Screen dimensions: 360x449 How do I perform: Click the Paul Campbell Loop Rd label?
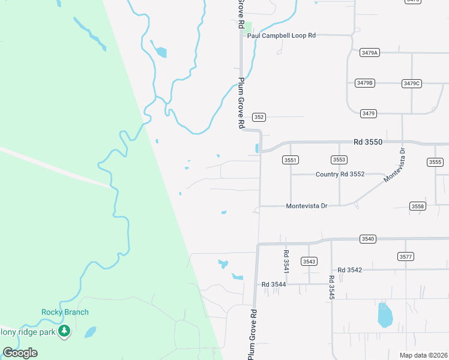pyautogui.click(x=282, y=35)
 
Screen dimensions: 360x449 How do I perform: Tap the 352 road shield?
pyautogui.click(x=258, y=117)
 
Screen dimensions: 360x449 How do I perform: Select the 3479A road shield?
pyautogui.click(x=370, y=53)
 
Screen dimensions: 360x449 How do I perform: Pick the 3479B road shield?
pyautogui.click(x=364, y=83)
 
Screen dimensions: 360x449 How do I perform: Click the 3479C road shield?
pyautogui.click(x=412, y=83)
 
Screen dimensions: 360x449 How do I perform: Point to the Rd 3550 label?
pyautogui.click(x=367, y=142)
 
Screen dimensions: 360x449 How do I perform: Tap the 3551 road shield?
pyautogui.click(x=291, y=160)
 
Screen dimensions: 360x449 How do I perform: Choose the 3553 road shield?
pyautogui.click(x=339, y=160)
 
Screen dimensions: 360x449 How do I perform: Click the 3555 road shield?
pyautogui.click(x=435, y=162)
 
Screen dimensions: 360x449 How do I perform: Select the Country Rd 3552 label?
pyautogui.click(x=340, y=174)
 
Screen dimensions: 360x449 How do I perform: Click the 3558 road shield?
pyautogui.click(x=418, y=206)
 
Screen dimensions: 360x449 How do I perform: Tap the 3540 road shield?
pyautogui.click(x=368, y=239)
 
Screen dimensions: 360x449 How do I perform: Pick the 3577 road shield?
pyautogui.click(x=406, y=256)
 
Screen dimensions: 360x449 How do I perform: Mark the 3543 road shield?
pyautogui.click(x=309, y=261)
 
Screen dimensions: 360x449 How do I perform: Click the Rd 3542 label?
pyautogui.click(x=350, y=270)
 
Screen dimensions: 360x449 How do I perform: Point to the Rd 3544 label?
pyautogui.click(x=274, y=284)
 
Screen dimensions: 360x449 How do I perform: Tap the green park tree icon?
pyautogui.click(x=64, y=331)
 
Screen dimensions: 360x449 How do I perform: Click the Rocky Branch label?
pyautogui.click(x=65, y=312)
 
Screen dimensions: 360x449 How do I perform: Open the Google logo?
pyautogui.click(x=20, y=353)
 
